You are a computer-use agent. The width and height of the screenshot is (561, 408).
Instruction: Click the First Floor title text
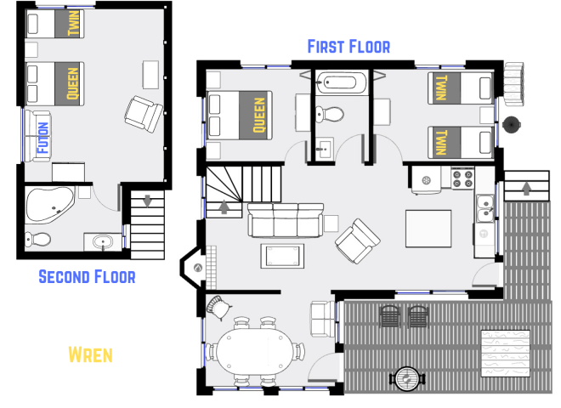pos(348,46)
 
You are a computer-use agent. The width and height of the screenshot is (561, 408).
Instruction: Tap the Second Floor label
pos(87,276)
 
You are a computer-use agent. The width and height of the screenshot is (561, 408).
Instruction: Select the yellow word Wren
pos(91,354)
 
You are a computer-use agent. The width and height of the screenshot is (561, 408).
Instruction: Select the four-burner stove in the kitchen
pos(462,178)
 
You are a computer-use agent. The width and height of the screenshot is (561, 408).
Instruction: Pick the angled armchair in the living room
pos(358,240)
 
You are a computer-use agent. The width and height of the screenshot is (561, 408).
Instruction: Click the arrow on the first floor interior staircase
pos(224,207)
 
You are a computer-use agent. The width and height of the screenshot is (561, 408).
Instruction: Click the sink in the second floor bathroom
pos(104,242)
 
